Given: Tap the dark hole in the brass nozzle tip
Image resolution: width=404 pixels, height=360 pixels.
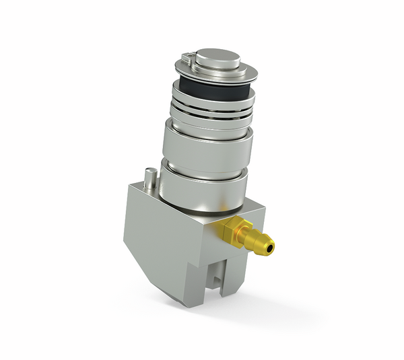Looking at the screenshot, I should click(270, 250).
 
